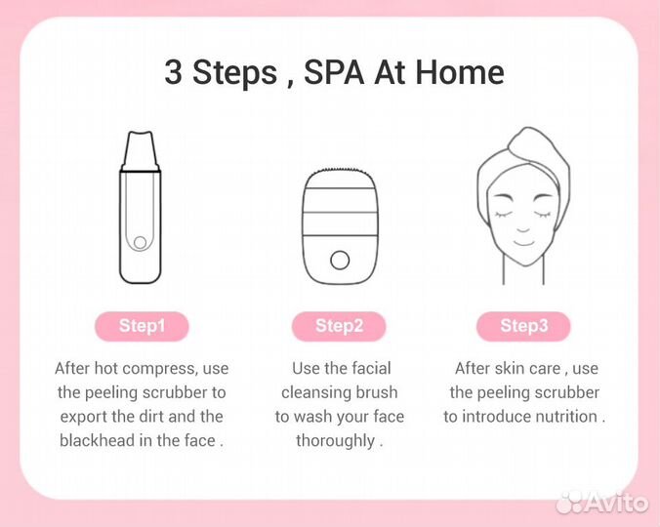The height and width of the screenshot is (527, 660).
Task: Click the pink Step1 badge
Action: pos(142,326)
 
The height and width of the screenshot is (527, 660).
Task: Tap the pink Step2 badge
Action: pos(339,326)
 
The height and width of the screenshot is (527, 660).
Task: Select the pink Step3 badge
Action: pos(524,326)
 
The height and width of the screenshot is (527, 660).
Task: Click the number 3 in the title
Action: pos(173,73)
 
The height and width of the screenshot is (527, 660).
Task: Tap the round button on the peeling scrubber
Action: pos(141,242)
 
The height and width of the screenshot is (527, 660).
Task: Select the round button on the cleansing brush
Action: pos(340,260)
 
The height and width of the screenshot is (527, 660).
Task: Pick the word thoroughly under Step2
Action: pos(335,440)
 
